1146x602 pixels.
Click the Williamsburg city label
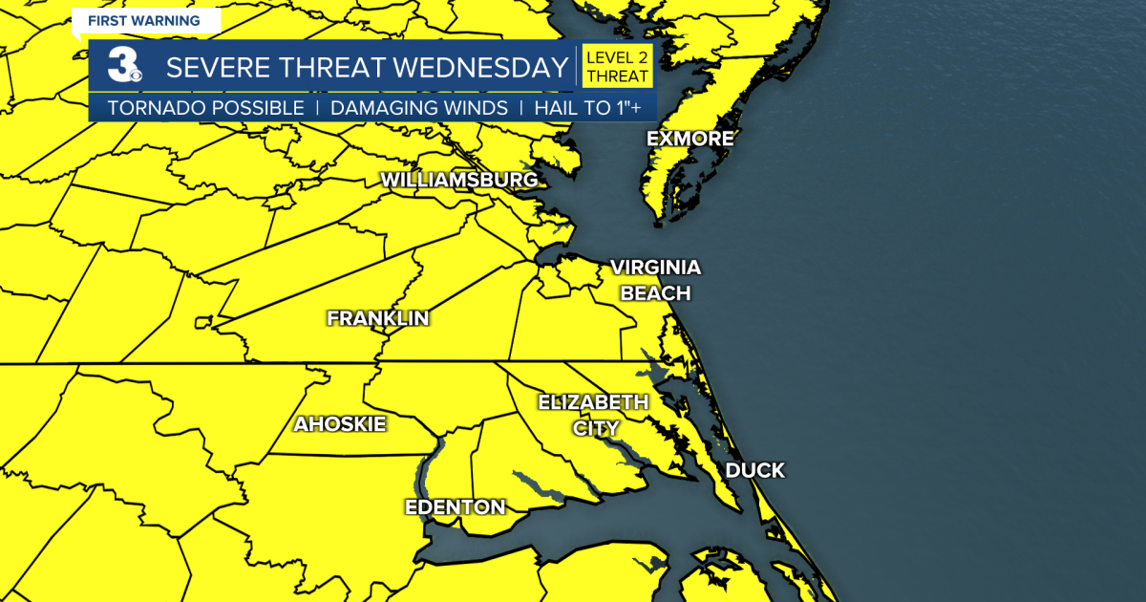458,180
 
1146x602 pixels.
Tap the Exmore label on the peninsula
690,139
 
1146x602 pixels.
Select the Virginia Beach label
655,280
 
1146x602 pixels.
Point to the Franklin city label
377,318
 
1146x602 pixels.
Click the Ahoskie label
340,423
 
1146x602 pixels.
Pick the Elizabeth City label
593,414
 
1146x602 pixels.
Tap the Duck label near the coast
754,470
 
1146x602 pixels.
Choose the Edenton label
455,506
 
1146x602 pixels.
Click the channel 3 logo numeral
122,68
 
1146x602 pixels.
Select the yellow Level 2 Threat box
617,67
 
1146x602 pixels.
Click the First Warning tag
144,20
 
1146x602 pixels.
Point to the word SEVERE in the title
219,68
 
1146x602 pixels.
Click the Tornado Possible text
205,108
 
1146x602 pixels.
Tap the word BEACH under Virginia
655,292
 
